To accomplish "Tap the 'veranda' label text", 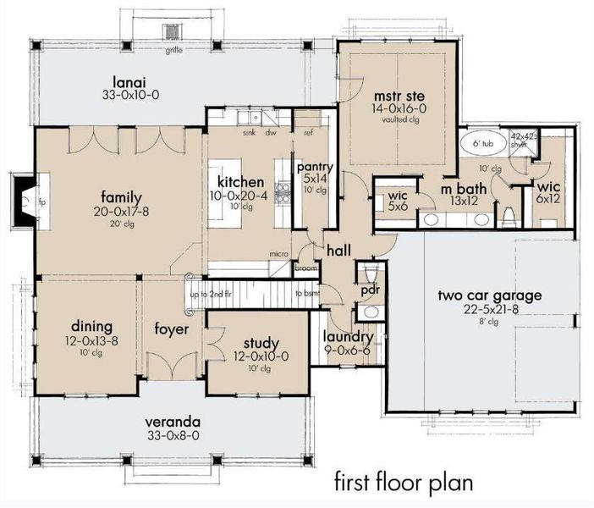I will pos(173,421).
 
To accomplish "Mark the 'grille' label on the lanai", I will pos(174,50).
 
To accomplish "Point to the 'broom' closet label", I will pos(305,267).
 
